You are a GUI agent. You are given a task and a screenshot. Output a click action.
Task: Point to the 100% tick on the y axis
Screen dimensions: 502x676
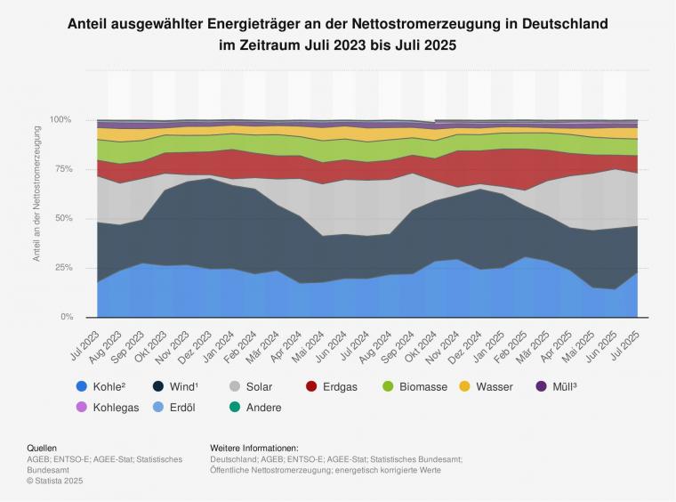[61, 120]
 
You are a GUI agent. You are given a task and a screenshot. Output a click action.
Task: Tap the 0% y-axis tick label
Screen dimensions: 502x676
[67, 318]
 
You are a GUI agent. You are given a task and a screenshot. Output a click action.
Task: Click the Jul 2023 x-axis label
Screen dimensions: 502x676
[84, 339]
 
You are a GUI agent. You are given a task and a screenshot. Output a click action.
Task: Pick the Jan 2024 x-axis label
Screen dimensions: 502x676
[221, 339]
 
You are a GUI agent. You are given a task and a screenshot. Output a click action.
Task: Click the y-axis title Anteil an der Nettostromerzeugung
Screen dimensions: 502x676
[37, 194]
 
